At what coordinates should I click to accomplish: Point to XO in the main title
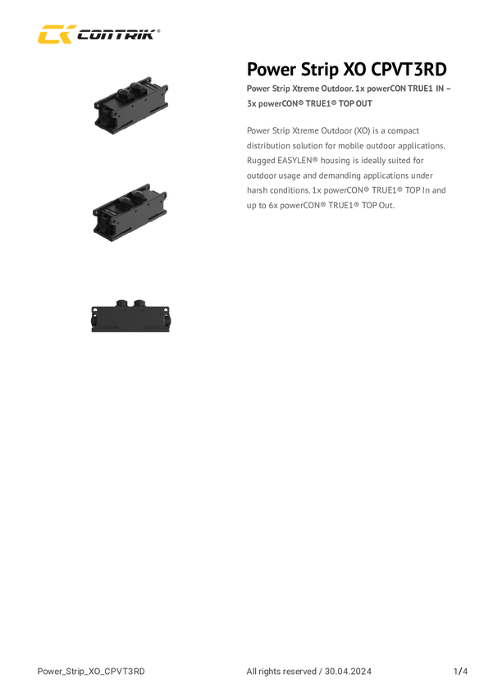click(x=354, y=70)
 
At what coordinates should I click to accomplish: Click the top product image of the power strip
click(x=131, y=105)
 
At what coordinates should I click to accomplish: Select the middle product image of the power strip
click(x=130, y=212)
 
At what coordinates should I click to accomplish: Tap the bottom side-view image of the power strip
click(x=131, y=316)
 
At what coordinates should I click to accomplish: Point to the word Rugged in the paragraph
click(x=261, y=162)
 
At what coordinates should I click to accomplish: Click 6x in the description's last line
click(x=273, y=205)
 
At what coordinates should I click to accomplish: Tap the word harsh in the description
click(x=257, y=190)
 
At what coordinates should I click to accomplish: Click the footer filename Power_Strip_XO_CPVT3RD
click(x=91, y=672)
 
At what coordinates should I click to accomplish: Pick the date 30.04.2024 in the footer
click(x=348, y=672)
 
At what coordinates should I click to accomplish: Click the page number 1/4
click(x=460, y=672)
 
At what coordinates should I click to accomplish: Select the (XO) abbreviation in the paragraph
click(x=362, y=130)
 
